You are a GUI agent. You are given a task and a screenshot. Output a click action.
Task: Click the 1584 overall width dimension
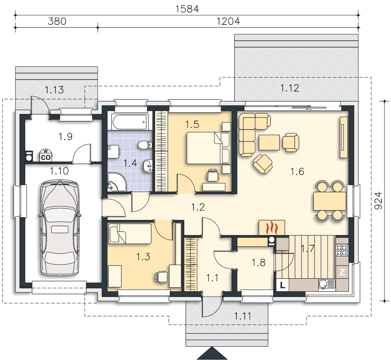(187, 9)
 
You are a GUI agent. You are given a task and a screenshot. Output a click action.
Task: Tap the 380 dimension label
(57, 22)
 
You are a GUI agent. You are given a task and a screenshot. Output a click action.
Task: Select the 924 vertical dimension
(378, 201)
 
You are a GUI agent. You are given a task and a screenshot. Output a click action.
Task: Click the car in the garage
(59, 228)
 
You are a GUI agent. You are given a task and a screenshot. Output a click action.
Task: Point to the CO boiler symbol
(46, 156)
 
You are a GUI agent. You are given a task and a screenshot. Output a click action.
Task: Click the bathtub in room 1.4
(130, 122)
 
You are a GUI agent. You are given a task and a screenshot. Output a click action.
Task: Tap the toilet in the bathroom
(145, 145)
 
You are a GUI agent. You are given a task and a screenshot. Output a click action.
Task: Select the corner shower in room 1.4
(117, 182)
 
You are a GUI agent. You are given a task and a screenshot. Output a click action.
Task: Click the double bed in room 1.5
(208, 148)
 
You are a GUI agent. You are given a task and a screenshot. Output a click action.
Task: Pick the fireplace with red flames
(272, 228)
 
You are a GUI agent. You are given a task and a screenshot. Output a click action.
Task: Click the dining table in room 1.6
(330, 201)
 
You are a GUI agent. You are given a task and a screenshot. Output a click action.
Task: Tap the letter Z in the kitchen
(342, 272)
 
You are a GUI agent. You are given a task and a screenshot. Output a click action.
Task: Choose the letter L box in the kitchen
(283, 285)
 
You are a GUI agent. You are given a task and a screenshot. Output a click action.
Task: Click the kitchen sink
(327, 284)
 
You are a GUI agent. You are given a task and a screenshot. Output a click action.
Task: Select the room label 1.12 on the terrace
(289, 88)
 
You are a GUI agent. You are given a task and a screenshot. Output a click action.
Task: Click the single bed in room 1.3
(130, 234)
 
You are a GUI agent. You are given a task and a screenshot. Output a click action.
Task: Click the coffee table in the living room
(269, 143)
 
